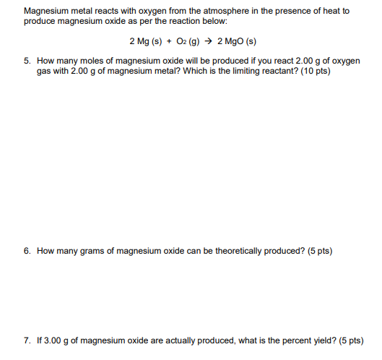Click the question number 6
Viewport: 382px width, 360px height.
(27, 252)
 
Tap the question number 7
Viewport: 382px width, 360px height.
(27, 340)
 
